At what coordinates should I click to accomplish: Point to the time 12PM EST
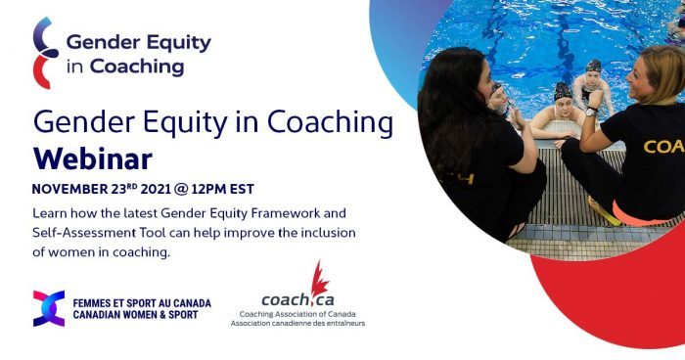(218, 188)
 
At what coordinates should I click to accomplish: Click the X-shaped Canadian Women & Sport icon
(48, 308)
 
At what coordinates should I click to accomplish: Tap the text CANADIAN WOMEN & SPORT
(142, 315)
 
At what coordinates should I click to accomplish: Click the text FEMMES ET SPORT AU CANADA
(142, 302)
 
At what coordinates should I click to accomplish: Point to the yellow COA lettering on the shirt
(662, 147)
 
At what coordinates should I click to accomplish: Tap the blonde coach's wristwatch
(591, 112)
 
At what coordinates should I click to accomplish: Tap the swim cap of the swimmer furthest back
(593, 66)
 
